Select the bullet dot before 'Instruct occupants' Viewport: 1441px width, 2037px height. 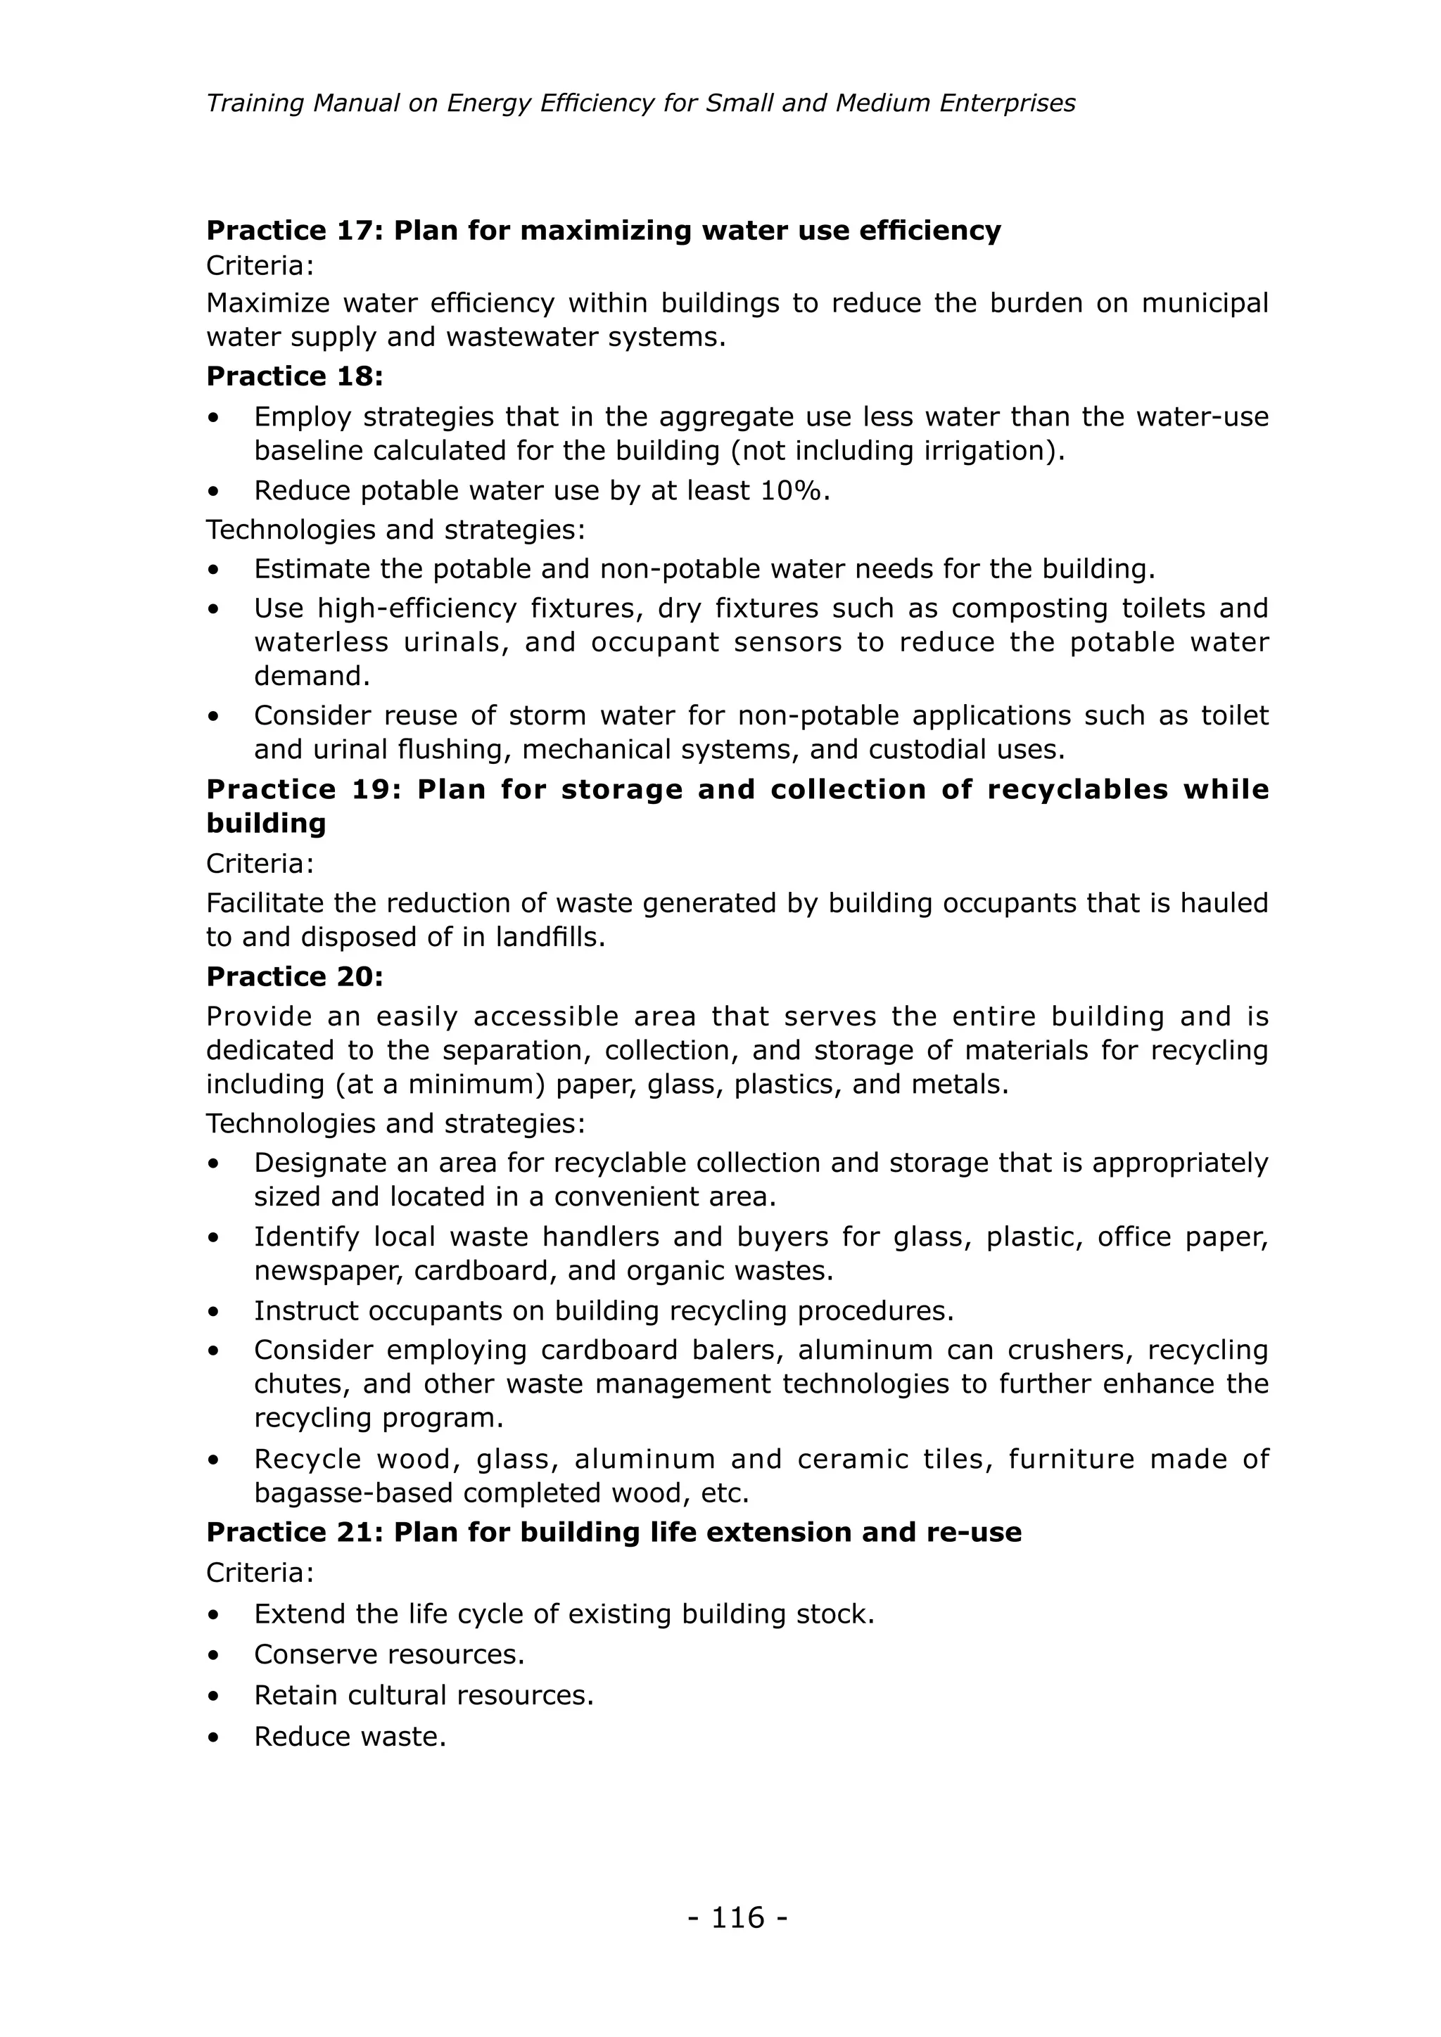point(213,1311)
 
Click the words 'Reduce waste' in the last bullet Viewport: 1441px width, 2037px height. point(349,1736)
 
